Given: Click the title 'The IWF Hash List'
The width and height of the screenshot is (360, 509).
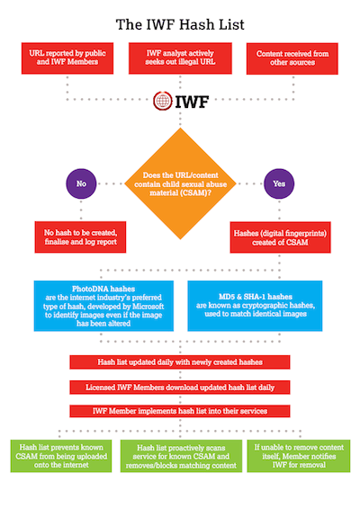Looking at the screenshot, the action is pos(180,24).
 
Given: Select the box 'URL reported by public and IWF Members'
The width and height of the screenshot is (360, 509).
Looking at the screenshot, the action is pos(67,58).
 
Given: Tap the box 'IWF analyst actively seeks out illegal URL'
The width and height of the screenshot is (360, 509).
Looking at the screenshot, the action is pos(180,58).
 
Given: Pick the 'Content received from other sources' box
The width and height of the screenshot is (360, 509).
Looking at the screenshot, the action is pos(292,58).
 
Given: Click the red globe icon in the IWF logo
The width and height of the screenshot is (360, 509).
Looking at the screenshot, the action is pos(163,101).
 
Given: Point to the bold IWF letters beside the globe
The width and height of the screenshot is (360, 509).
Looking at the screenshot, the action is pos(192,102).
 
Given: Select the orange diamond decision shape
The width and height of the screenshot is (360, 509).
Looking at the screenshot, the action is pos(180,183).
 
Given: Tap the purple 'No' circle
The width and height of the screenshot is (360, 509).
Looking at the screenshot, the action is pos(81,183).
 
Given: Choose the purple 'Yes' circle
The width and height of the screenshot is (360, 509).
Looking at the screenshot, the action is pos(279,183).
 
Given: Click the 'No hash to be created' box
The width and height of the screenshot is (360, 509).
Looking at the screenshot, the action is pos(80,237).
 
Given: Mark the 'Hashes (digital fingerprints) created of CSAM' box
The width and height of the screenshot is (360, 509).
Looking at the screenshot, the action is pos(280,237).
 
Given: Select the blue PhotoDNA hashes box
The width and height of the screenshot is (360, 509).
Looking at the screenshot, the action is pos(103,306).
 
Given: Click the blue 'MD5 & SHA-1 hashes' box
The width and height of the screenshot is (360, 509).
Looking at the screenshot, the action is pos(255,306).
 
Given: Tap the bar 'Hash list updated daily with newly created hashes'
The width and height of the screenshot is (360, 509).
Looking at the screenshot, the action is pos(180,362).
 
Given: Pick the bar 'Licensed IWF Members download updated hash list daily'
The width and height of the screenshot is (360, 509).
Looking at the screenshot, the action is pos(180,388).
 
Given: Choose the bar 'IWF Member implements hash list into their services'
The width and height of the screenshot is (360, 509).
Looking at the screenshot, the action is pos(180,411).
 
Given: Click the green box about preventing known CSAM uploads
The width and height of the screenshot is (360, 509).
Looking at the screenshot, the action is pos(61,456).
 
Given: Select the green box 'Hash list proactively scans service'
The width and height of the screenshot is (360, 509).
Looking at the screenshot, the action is pos(181,456).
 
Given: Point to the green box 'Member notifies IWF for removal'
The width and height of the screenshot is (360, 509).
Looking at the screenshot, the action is pos(299,456).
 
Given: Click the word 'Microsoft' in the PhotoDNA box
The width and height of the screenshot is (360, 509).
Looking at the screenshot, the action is pos(148,307).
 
